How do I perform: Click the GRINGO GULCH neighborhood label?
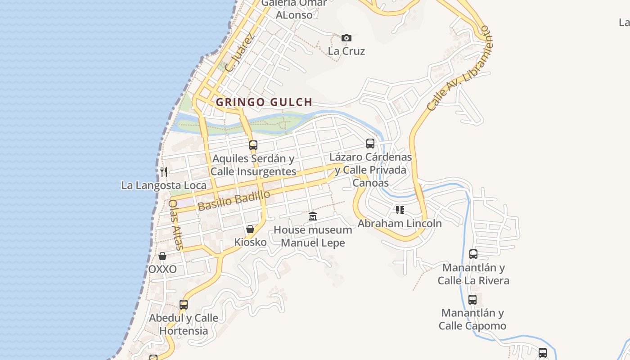tap(264, 102)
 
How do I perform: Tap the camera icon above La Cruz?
tap(346, 38)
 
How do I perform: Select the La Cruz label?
tap(346, 51)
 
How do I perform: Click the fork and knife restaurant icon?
tap(164, 171)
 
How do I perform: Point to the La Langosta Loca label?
tap(164, 185)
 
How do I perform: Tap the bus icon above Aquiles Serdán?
tap(253, 145)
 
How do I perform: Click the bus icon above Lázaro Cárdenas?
tap(370, 144)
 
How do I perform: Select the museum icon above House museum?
tap(313, 216)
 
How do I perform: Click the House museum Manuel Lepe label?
tap(313, 236)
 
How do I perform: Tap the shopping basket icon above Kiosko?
tap(250, 229)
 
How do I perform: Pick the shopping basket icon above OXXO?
tap(162, 256)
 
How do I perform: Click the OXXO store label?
tap(162, 270)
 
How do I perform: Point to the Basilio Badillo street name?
tap(234, 200)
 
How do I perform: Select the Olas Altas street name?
tap(175, 225)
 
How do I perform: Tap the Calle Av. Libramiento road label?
tap(457, 68)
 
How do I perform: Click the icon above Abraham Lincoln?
tap(400, 210)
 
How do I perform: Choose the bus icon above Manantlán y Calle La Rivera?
tap(473, 254)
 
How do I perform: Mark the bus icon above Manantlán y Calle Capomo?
tap(472, 300)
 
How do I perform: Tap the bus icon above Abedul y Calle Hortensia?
tap(184, 305)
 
